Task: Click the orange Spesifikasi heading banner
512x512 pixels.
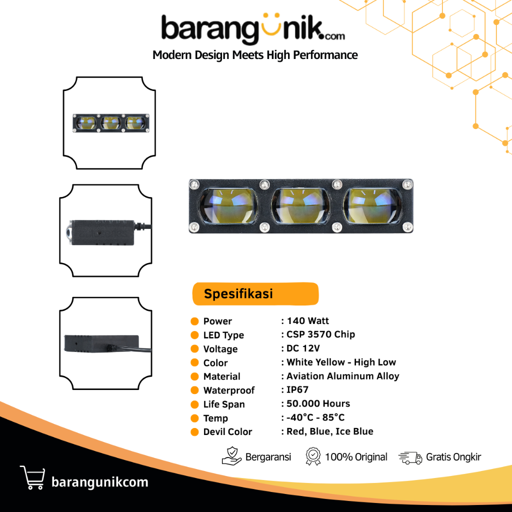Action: click(x=255, y=294)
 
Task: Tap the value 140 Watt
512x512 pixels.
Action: click(x=308, y=321)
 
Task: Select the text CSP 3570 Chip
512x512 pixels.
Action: click(x=320, y=334)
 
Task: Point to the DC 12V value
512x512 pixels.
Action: click(x=303, y=348)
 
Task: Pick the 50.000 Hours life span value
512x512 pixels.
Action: click(x=318, y=403)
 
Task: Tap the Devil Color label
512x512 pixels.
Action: click(x=227, y=432)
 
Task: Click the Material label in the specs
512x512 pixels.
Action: click(x=221, y=376)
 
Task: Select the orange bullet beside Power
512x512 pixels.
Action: click(x=194, y=321)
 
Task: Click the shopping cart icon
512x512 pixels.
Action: click(x=32, y=477)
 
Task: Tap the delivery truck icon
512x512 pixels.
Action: click(x=410, y=457)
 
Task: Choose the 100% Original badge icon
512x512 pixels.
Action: click(x=312, y=456)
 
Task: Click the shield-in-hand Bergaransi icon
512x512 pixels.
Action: click(x=231, y=456)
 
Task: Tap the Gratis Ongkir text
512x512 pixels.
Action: click(x=453, y=457)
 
